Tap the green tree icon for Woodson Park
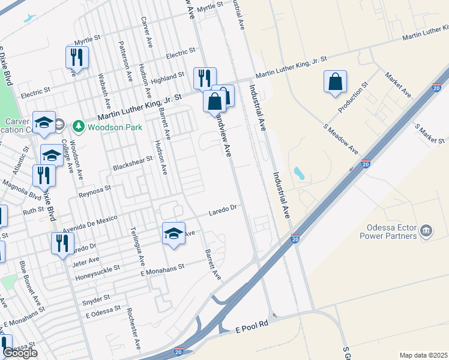tap(77, 127)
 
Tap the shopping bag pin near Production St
tap(335, 82)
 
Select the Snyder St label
tap(97, 298)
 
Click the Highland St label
tap(167, 78)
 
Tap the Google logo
tap(20, 353)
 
